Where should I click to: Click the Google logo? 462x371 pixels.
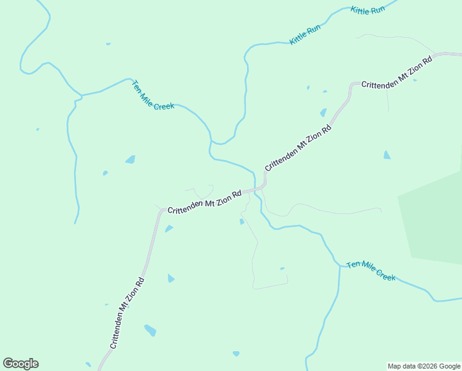[x=20, y=364]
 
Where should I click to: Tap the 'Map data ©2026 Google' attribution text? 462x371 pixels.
[x=424, y=366]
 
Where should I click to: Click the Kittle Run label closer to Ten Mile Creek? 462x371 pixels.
[x=305, y=36]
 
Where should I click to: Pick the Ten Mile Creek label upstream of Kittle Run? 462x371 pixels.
[x=153, y=96]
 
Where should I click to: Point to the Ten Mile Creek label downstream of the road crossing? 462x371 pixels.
[x=371, y=270]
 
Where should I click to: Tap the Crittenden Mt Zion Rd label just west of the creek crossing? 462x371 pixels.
[x=204, y=202]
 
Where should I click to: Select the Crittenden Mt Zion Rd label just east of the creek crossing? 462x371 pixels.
[x=298, y=148]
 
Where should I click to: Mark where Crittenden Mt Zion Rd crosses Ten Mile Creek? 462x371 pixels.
[x=254, y=190]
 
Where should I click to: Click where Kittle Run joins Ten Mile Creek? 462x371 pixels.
[x=212, y=142]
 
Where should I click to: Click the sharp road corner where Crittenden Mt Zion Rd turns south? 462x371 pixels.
[x=162, y=210]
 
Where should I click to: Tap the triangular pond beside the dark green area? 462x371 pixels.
[x=387, y=155]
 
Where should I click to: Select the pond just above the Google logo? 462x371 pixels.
[x=88, y=364]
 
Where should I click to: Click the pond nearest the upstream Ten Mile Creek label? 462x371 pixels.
[x=130, y=160]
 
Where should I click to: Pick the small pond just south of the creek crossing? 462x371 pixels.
[x=241, y=221]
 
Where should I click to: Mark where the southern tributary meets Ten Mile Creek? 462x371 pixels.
[x=339, y=267]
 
